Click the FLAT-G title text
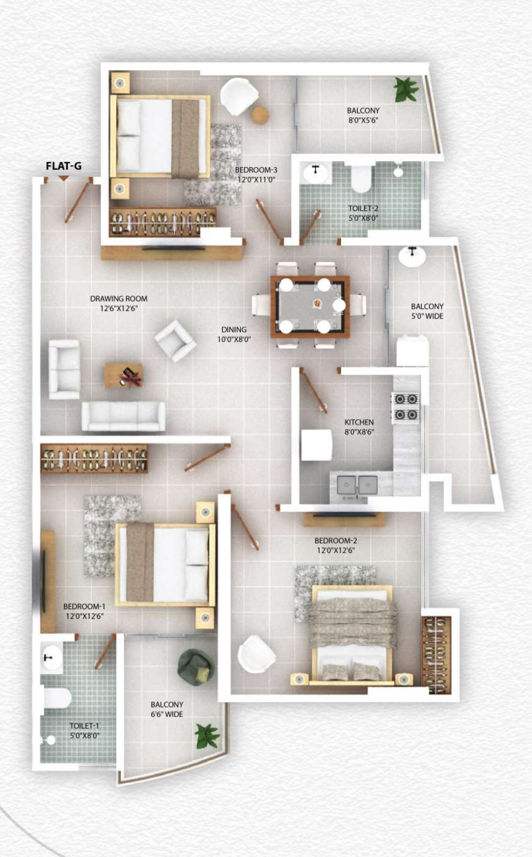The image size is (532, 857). [x=64, y=166]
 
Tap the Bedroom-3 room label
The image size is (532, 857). [x=256, y=170]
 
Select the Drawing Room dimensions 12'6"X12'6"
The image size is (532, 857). [x=118, y=309]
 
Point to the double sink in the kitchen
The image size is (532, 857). [x=357, y=485]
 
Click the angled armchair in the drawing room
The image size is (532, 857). [x=175, y=340]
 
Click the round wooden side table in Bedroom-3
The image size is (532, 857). [x=260, y=115]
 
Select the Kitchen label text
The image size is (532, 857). [x=359, y=422]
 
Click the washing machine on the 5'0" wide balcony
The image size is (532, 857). [x=412, y=351]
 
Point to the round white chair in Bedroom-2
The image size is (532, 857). [x=256, y=654]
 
